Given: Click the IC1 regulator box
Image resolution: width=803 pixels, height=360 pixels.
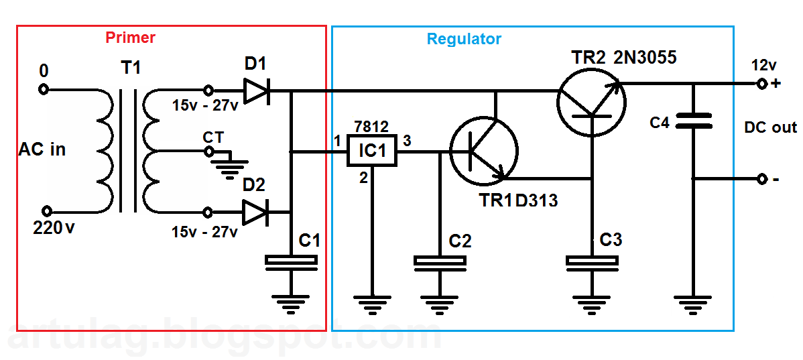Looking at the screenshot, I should click(x=372, y=152).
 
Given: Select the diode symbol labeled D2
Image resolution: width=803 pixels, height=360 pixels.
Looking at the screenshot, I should click(x=256, y=213).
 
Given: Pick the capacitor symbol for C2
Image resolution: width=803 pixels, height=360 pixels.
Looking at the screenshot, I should click(x=440, y=263).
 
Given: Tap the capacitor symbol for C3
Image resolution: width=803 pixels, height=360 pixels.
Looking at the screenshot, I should click(x=592, y=263).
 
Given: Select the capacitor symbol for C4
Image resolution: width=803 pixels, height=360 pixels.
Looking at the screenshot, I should click(x=693, y=120).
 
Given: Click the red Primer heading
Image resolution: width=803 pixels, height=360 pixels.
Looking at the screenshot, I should click(x=130, y=37).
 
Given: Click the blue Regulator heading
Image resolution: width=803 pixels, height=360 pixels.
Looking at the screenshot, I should click(x=464, y=39).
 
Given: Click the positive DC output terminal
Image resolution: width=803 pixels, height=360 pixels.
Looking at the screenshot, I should click(x=761, y=84).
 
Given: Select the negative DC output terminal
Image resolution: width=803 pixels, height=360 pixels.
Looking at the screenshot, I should click(x=761, y=179).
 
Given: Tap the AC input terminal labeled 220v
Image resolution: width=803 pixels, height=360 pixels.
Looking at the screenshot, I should click(x=44, y=211).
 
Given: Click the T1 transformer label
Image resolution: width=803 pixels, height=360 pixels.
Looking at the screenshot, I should click(x=131, y=68).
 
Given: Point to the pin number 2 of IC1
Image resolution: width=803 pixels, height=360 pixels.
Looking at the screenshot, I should click(x=363, y=178).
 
